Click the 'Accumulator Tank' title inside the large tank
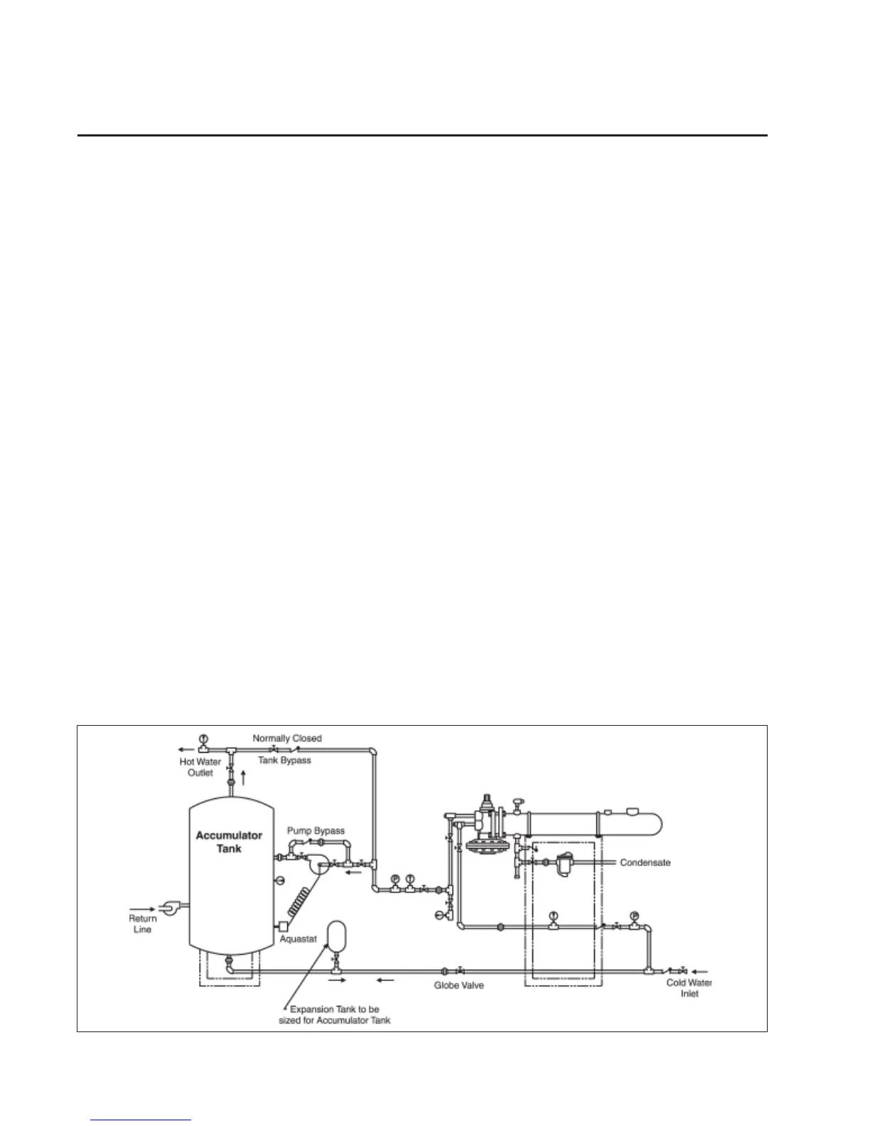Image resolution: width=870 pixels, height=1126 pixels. pyautogui.click(x=230, y=842)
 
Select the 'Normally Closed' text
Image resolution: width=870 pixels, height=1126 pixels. pyautogui.click(x=287, y=739)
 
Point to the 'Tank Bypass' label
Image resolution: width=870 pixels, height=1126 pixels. pyautogui.click(x=284, y=760)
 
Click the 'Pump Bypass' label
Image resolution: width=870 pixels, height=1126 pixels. pyautogui.click(x=316, y=831)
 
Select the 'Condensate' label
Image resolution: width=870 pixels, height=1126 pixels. pyautogui.click(x=645, y=863)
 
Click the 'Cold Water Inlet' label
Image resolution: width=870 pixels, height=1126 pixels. pyautogui.click(x=689, y=988)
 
